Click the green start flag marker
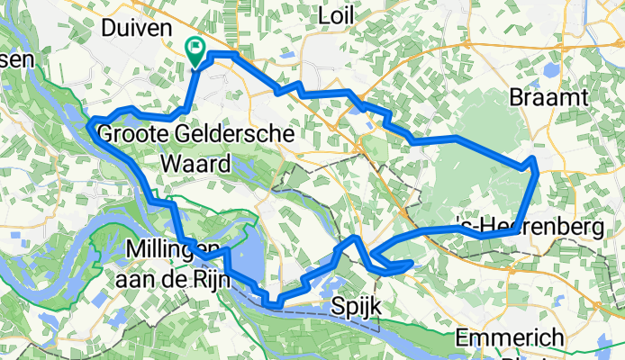coord(194,49)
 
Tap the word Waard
coord(195,164)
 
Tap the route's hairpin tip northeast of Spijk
coord(412,263)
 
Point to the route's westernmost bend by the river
coord(91,126)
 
